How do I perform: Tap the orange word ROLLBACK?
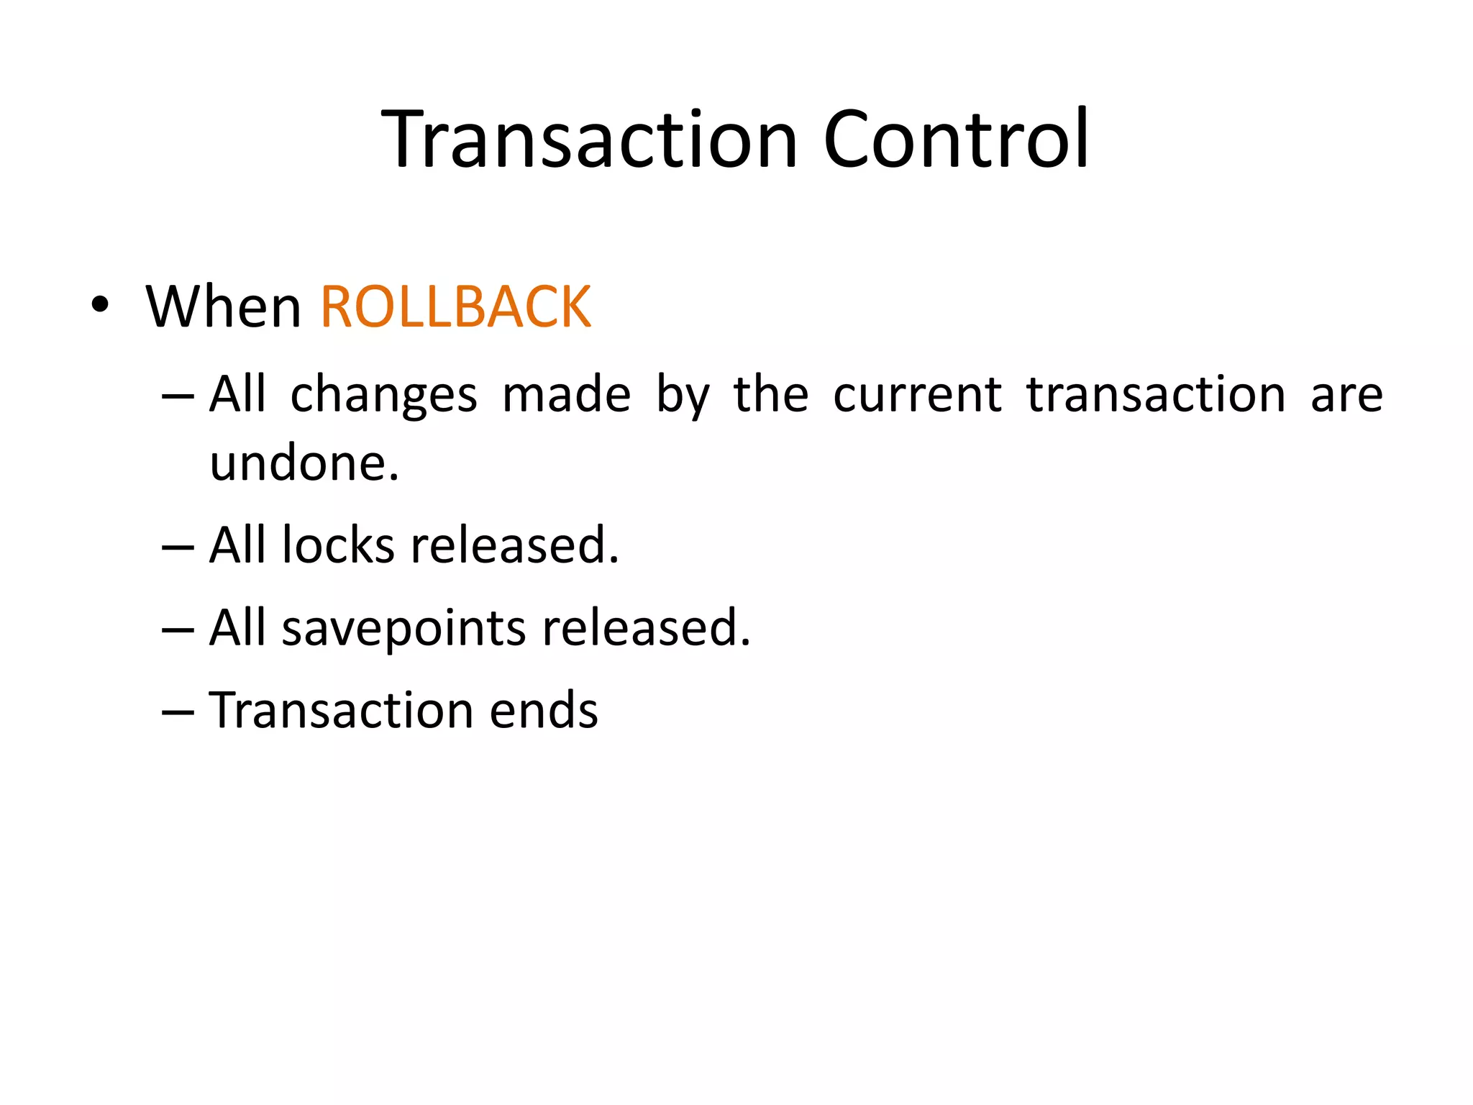455,307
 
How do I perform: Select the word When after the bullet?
223,307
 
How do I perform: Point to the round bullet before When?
100,305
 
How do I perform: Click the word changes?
383,395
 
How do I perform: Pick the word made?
566,395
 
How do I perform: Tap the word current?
917,395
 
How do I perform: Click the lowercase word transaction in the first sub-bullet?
1156,395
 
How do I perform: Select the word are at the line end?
1346,395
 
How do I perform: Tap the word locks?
338,545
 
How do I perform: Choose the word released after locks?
514,545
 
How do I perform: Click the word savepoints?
403,627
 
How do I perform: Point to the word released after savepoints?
646,627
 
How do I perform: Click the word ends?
544,710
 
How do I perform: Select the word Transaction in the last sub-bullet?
341,710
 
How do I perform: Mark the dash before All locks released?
178,547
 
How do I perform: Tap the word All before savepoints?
237,627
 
